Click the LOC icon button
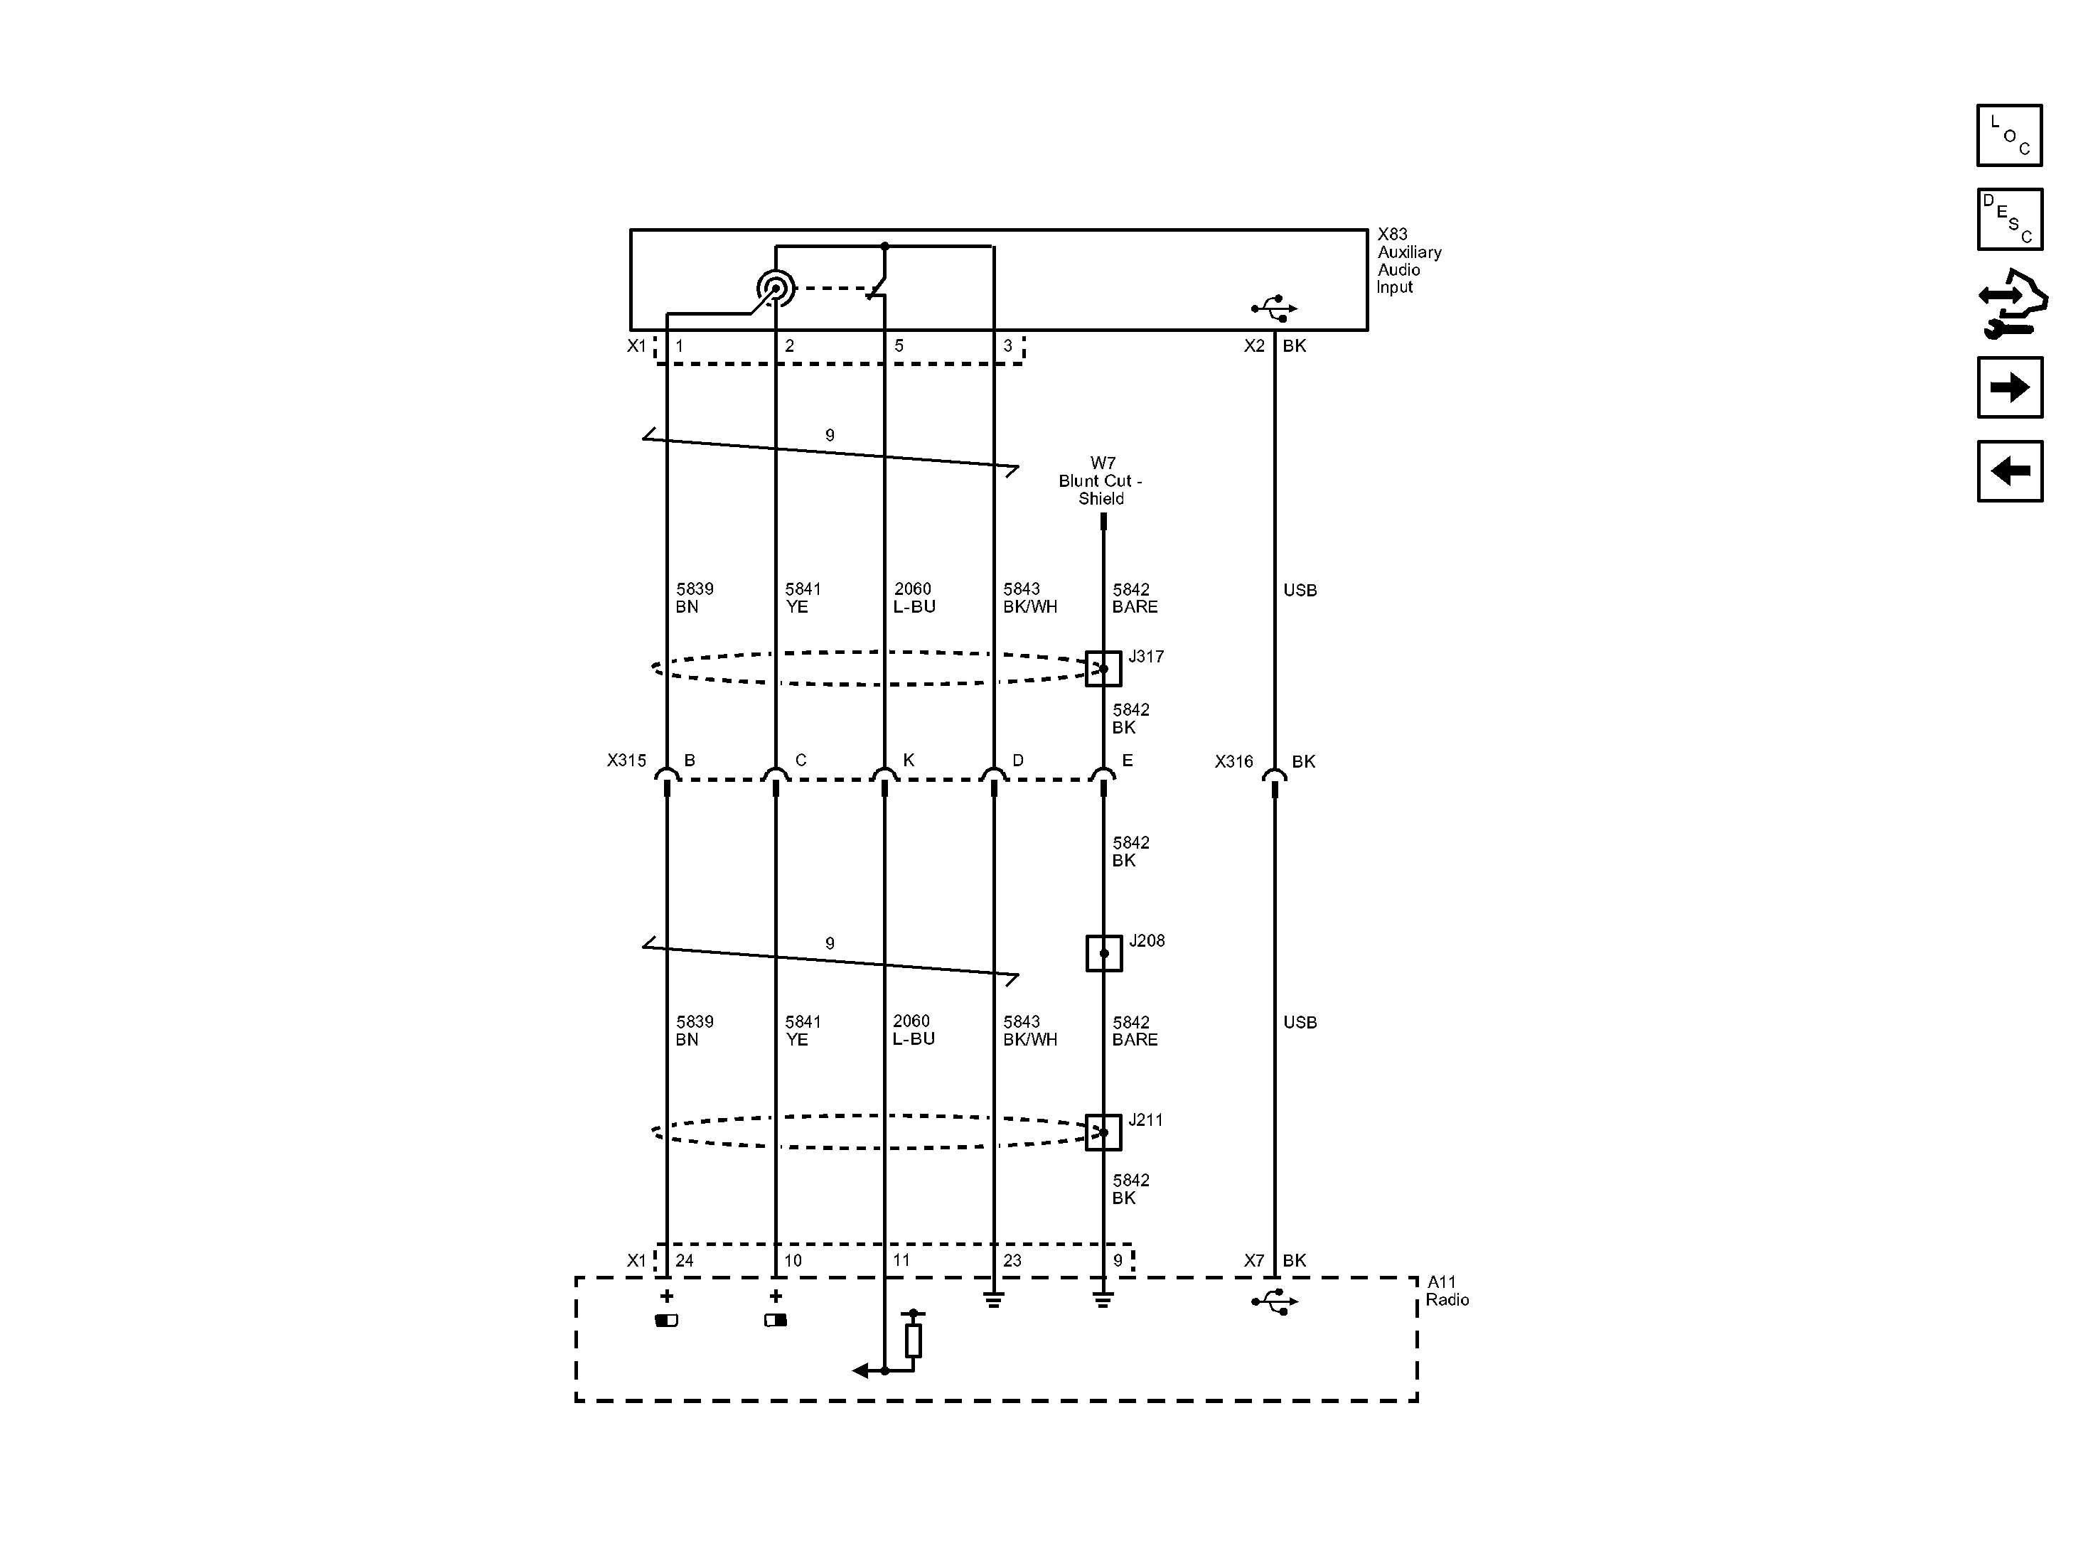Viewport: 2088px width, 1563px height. tap(2010, 135)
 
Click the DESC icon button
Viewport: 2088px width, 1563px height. tap(2010, 219)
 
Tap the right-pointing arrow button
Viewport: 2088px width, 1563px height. tap(2010, 387)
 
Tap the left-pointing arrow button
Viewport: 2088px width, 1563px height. tap(2010, 471)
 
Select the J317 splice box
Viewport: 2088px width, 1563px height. tap(1103, 668)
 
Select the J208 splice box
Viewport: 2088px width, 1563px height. tap(1103, 953)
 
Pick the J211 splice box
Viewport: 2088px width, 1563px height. tap(1103, 1132)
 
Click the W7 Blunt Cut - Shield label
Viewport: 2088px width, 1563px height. tap(1101, 480)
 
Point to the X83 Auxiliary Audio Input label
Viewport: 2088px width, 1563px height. tap(1409, 260)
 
